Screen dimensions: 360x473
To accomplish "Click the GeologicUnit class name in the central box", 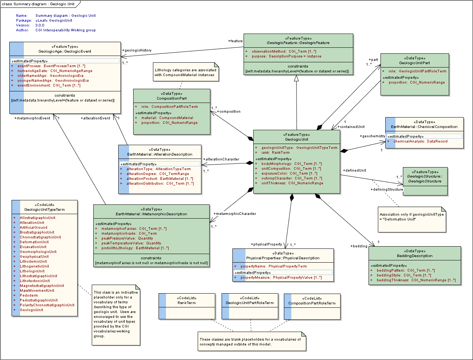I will coord(297,140).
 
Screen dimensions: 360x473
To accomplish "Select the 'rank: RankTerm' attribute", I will coord(275,153).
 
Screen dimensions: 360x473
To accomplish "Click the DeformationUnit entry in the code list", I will coord(34,242).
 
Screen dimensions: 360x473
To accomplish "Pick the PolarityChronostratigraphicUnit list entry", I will coord(47,305).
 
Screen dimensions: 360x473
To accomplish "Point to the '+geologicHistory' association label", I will coord(137,50).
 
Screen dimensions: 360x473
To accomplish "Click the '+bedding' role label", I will coord(359,246).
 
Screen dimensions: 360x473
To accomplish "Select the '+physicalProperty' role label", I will coord(266,244).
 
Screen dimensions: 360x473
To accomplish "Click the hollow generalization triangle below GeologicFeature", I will coord(297,78).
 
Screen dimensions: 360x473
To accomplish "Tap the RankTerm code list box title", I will coord(187,303).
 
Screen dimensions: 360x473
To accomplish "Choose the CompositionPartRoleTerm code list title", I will coord(312,303).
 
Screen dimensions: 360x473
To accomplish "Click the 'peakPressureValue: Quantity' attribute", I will coord(127,238).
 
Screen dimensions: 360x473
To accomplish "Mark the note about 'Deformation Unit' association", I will coord(411,217).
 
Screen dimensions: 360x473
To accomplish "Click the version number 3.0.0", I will coord(40,25).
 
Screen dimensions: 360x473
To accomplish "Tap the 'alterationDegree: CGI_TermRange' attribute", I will coord(157,174).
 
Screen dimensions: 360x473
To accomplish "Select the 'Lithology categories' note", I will coord(185,72).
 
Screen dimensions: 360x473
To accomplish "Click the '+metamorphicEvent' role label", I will coord(32,118).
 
